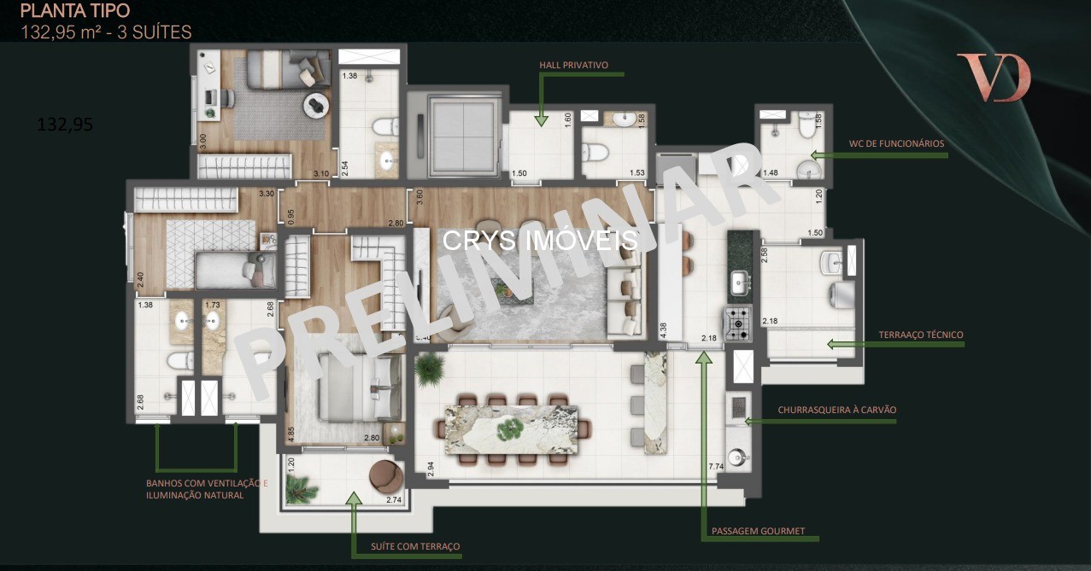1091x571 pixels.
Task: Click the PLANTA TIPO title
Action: pyautogui.click(x=75, y=11)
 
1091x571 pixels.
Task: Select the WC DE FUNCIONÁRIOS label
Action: pyautogui.click(x=896, y=143)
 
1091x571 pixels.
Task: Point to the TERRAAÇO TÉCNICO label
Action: pyautogui.click(x=921, y=335)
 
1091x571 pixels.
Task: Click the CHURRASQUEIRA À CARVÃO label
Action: pyautogui.click(x=836, y=410)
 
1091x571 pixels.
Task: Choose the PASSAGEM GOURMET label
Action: pyautogui.click(x=758, y=531)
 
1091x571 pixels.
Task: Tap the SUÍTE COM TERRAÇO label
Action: pyautogui.click(x=415, y=546)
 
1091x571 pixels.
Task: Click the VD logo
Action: pyautogui.click(x=994, y=77)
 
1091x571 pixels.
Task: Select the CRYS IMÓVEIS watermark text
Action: pyautogui.click(x=540, y=240)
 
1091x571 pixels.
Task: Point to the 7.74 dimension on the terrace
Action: pyautogui.click(x=716, y=466)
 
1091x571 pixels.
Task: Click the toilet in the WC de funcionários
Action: pyautogui.click(x=804, y=128)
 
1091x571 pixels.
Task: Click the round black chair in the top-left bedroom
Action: pyautogui.click(x=317, y=105)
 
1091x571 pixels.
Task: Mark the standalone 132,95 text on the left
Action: pyautogui.click(x=65, y=125)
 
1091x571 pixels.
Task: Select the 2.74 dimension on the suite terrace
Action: pyautogui.click(x=394, y=500)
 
